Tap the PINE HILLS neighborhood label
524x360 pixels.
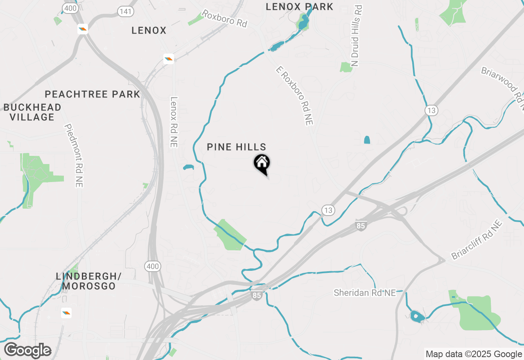click(237, 147)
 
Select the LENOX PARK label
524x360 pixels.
click(299, 7)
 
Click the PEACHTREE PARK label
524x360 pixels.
click(93, 94)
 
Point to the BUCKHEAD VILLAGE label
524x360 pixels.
click(33, 112)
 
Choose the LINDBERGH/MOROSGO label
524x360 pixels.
click(86, 281)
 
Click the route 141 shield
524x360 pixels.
click(125, 11)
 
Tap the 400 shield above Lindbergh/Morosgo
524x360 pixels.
click(153, 266)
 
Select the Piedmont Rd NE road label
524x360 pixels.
click(74, 156)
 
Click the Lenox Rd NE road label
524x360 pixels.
click(174, 122)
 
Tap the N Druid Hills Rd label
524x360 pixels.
click(357, 36)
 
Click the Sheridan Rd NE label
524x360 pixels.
click(365, 293)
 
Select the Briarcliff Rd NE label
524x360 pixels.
click(477, 240)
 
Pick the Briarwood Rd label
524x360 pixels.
click(503, 88)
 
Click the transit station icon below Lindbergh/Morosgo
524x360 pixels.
click(66, 313)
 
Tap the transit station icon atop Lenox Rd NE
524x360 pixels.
click(168, 59)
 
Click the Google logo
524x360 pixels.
click(27, 351)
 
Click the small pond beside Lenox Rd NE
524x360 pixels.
click(188, 167)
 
